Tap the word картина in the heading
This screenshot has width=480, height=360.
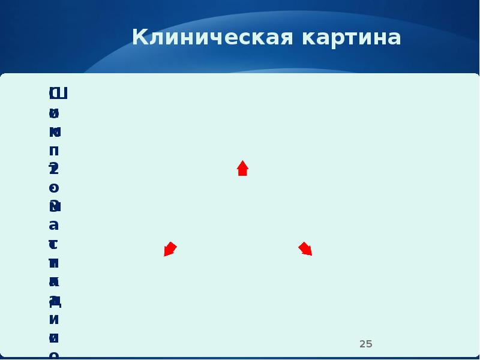point(352,38)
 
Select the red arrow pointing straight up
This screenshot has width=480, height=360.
point(242,168)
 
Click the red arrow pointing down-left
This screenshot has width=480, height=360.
point(170,249)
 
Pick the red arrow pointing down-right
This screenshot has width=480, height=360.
point(306,248)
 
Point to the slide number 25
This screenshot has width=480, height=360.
point(366,344)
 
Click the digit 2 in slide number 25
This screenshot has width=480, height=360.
point(362,344)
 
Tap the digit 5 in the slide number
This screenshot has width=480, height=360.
point(370,344)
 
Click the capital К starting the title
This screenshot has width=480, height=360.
point(139,38)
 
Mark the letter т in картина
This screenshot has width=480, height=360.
point(349,38)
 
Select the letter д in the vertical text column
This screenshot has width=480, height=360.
point(55,300)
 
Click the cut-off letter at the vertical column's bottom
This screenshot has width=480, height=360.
point(54,355)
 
